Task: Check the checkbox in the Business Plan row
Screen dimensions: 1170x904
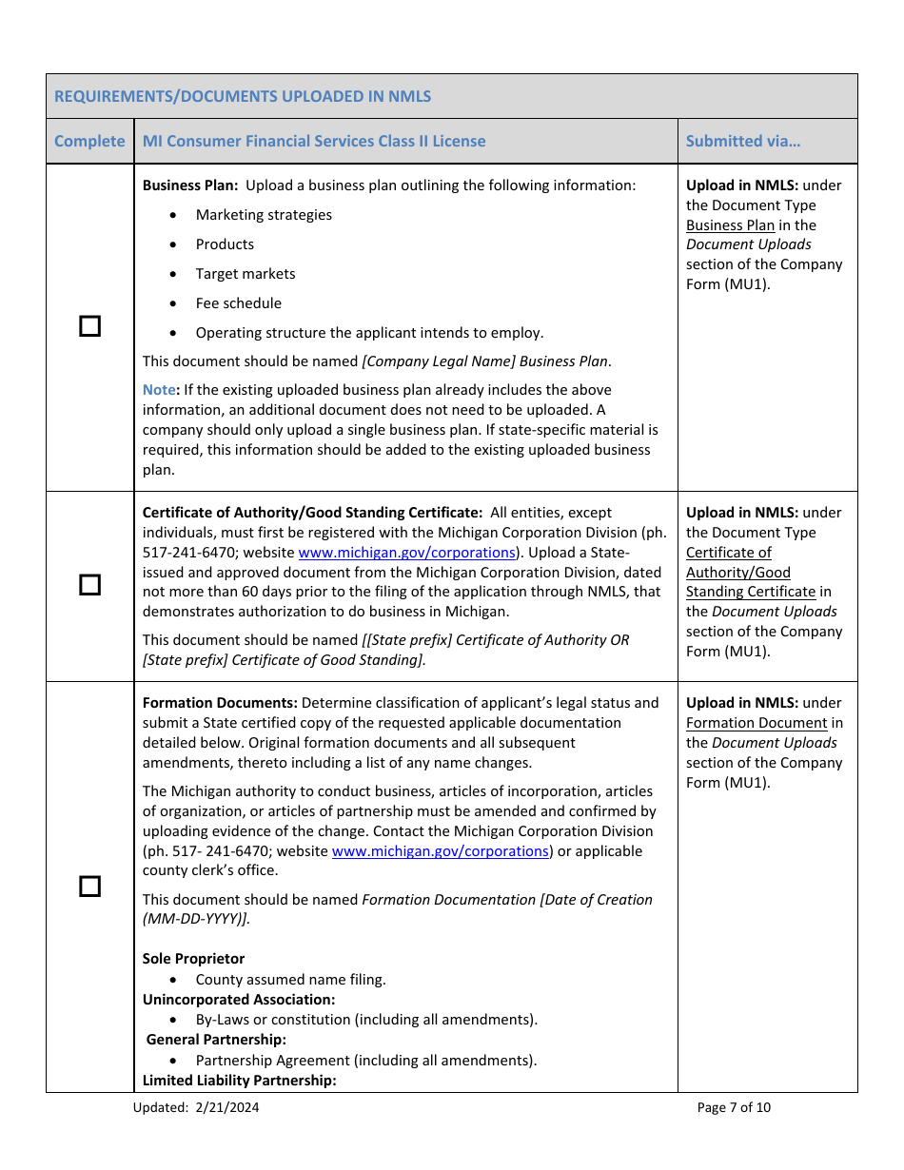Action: [89, 326]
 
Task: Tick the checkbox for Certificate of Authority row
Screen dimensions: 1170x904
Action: [89, 585]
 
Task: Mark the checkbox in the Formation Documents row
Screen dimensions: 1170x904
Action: [89, 887]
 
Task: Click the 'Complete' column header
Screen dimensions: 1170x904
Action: [89, 141]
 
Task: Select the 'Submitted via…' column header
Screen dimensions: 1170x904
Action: [743, 141]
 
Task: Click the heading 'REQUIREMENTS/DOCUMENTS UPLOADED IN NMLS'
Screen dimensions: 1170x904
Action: [243, 96]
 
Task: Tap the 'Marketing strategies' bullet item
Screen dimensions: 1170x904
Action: [264, 215]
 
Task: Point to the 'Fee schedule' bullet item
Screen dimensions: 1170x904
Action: [238, 303]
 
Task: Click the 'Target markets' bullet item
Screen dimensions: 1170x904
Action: [246, 274]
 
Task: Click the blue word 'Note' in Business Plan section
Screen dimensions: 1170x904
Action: [159, 390]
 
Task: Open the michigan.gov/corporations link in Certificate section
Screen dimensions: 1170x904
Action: [406, 553]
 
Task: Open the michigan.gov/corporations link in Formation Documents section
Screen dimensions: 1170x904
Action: [440, 851]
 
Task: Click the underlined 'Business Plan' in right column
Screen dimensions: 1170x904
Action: [730, 225]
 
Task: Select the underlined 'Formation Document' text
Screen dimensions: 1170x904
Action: [757, 723]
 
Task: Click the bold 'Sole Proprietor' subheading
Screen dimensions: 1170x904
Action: [193, 959]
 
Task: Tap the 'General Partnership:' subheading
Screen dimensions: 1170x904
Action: [216, 1040]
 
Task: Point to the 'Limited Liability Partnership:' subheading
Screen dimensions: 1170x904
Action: [239, 1081]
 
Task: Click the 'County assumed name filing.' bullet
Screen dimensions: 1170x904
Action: [290, 980]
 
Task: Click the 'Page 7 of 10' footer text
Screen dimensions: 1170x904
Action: [734, 1107]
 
